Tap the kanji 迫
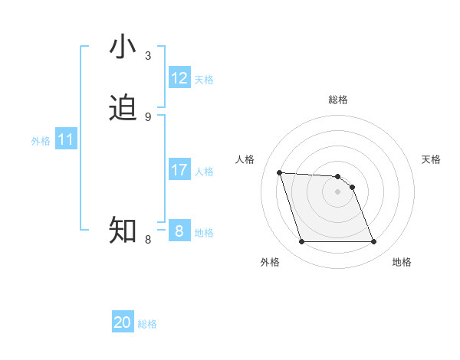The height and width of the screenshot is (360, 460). tap(123, 108)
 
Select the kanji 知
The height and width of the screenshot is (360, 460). tap(123, 229)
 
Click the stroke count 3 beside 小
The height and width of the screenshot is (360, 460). tap(148, 56)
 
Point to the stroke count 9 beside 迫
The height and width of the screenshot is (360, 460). tap(148, 116)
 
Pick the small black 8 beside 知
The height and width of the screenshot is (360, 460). tap(148, 239)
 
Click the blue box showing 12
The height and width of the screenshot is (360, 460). tap(179, 78)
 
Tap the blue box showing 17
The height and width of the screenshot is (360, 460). tap(179, 169)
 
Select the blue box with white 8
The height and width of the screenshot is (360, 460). tap(179, 231)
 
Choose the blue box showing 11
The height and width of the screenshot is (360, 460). tap(66, 139)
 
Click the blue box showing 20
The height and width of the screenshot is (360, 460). tap(123, 322)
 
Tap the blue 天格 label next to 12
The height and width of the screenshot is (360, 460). tap(204, 80)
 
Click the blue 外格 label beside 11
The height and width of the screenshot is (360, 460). tap(41, 141)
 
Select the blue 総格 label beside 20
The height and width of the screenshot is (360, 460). tap(147, 324)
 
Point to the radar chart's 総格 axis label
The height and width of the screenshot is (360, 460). tap(337, 100)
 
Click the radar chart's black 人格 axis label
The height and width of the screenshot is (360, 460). tap(245, 159)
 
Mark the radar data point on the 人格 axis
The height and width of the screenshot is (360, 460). tap(280, 173)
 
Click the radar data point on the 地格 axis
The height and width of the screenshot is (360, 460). tap(373, 242)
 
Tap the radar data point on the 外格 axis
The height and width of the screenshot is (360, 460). tap(301, 242)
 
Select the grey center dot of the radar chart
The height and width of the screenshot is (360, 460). tap(337, 192)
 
